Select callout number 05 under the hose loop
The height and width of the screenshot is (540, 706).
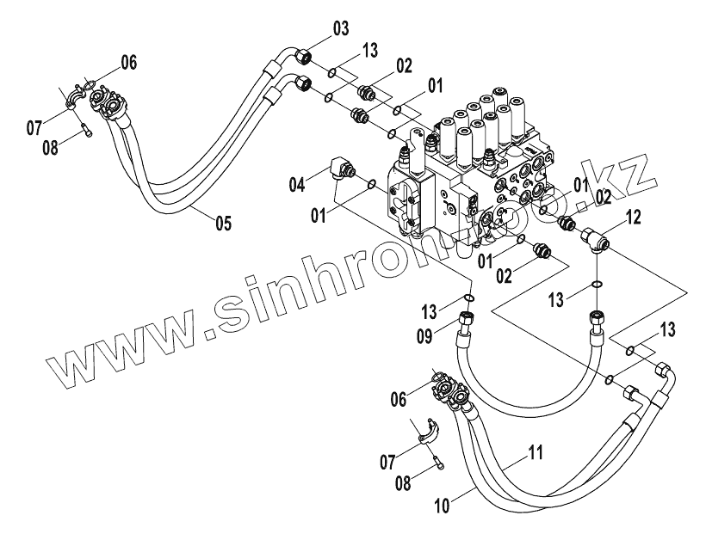pos(223,224)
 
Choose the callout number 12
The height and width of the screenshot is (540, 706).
pos(634,220)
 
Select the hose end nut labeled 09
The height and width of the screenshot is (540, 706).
pos(469,320)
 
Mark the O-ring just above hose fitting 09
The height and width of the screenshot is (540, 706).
pos(469,299)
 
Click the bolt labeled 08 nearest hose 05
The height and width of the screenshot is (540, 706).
pos(84,130)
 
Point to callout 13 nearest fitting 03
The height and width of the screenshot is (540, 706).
pos(369,52)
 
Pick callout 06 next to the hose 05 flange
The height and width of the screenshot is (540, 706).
pos(127,62)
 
